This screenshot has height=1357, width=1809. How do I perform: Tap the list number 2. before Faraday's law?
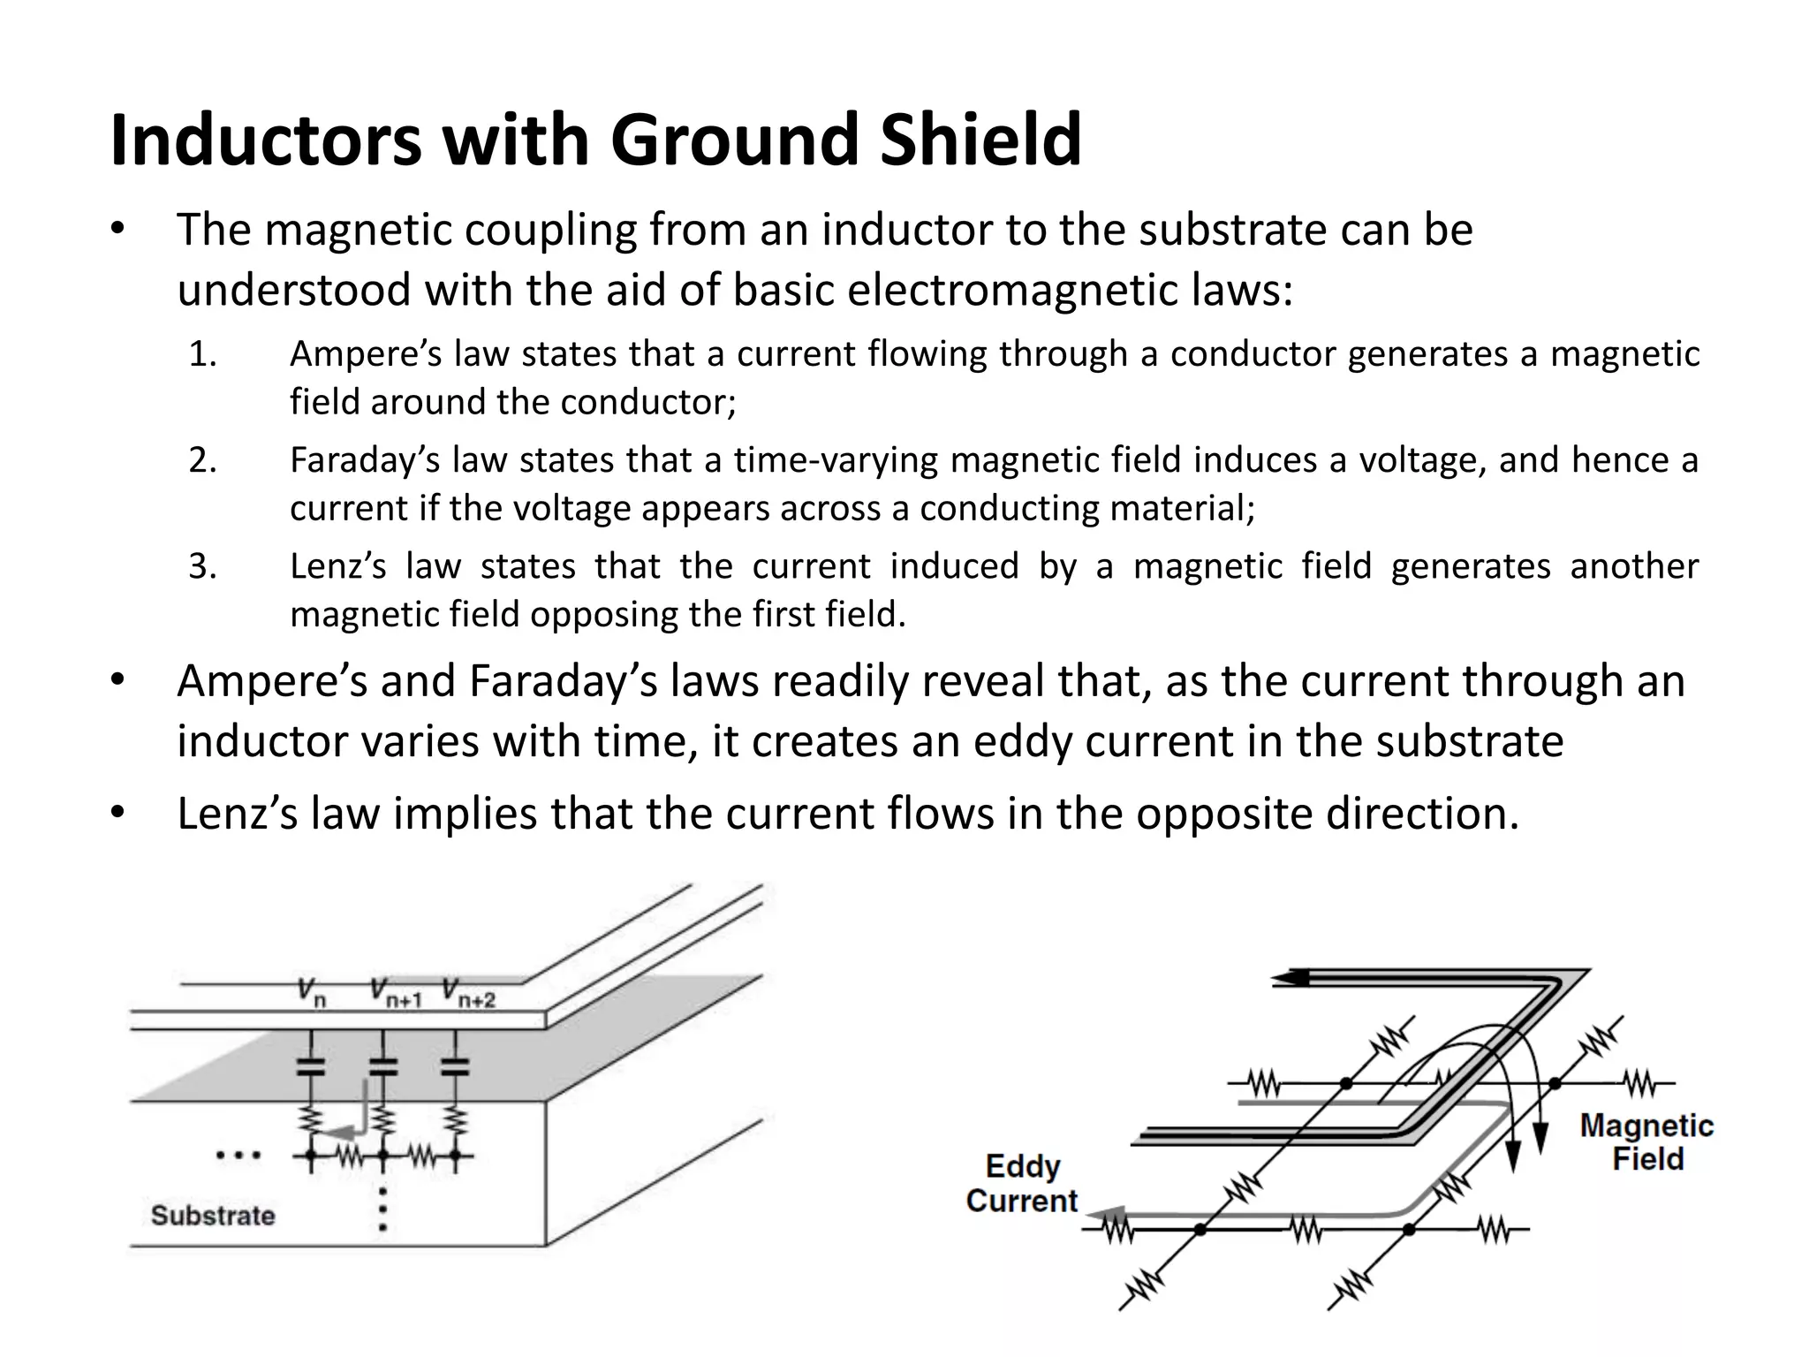tap(202, 460)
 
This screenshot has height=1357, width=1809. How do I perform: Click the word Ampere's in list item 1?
tap(354, 353)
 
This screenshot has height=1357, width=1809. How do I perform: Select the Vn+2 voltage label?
tap(467, 992)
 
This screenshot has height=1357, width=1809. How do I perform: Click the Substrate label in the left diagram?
tap(213, 1215)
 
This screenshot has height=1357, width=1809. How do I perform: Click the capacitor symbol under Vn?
tap(309, 1066)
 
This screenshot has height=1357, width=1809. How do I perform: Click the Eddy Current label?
tap(1022, 1183)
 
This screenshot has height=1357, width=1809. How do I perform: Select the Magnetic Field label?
tap(1646, 1141)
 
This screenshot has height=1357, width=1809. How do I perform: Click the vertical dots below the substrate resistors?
tap(382, 1209)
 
